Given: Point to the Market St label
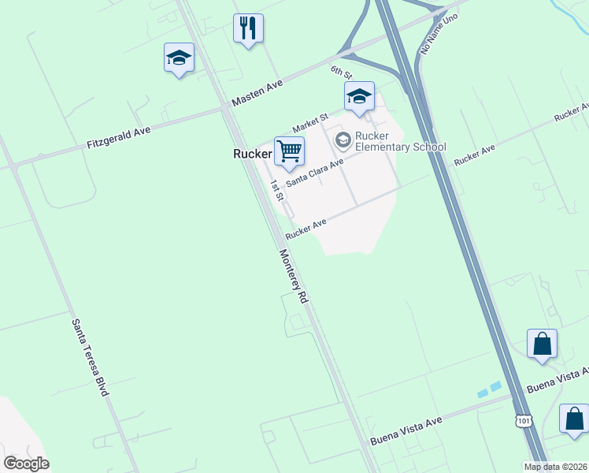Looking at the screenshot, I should [x=309, y=122].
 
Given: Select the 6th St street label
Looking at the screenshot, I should [x=340, y=72].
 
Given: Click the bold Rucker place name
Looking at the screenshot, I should [x=252, y=155].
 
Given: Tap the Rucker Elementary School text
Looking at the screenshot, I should [x=400, y=141].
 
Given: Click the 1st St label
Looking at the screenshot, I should [x=276, y=190].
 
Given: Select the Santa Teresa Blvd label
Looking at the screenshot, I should [x=90, y=356].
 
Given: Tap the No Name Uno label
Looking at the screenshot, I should [x=439, y=33].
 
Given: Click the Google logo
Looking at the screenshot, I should [x=26, y=464].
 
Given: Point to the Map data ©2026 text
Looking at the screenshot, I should [x=556, y=467].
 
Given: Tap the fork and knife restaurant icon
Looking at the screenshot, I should [x=248, y=28].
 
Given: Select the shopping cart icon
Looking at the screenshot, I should [x=289, y=150].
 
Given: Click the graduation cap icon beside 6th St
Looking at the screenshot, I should [x=359, y=96].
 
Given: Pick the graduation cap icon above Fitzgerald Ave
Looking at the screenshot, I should [x=180, y=58].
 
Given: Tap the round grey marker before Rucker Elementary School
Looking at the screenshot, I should [x=343, y=140].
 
